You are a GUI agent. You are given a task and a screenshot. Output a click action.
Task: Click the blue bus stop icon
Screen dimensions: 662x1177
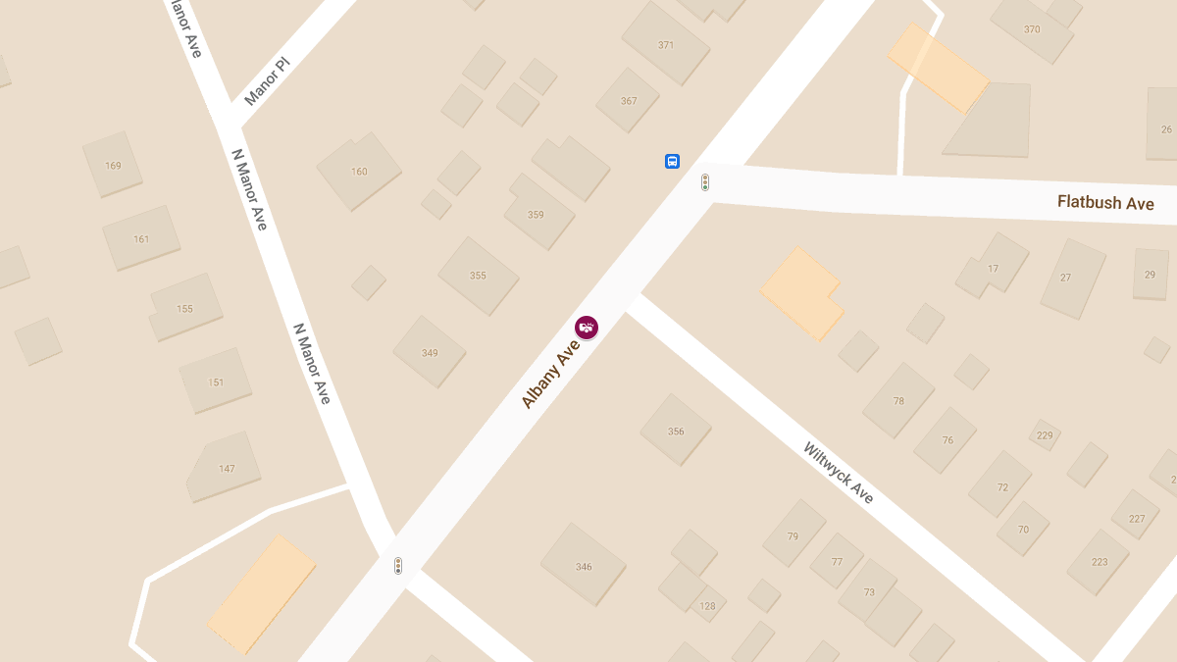(x=672, y=161)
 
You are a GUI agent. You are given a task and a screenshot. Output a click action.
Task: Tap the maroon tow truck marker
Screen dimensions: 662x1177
(x=587, y=328)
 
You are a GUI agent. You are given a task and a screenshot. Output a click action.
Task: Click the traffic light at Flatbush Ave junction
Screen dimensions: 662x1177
(x=704, y=182)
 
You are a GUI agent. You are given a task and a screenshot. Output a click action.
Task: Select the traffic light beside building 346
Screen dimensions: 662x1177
(x=398, y=566)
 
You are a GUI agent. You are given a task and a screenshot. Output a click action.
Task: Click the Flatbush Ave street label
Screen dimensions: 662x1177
(x=1105, y=203)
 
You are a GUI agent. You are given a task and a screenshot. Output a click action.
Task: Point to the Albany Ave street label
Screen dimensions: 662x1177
(x=550, y=368)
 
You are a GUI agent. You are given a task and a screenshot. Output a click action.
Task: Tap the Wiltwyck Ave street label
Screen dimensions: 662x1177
(x=838, y=473)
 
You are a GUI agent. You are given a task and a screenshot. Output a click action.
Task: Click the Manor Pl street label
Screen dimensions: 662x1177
(x=267, y=80)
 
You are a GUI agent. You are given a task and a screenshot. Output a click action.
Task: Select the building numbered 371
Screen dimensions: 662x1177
(x=666, y=44)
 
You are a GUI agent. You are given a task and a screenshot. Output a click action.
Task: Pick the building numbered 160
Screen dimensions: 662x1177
(x=359, y=172)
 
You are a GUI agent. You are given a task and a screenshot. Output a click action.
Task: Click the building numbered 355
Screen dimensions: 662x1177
(x=478, y=276)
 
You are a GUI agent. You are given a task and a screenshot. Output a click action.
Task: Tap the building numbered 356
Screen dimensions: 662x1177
(x=676, y=432)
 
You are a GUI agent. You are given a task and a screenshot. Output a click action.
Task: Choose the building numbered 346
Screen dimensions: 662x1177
(x=584, y=566)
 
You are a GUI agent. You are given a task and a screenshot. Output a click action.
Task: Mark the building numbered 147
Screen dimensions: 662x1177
(x=226, y=468)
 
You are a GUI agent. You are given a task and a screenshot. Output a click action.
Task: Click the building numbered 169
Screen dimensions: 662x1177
(x=113, y=165)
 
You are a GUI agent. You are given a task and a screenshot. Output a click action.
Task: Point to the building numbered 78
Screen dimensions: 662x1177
(x=898, y=400)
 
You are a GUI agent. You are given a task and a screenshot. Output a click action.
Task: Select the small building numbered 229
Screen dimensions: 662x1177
(x=1045, y=435)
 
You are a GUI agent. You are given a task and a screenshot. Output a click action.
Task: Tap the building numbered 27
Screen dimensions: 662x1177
(x=1072, y=278)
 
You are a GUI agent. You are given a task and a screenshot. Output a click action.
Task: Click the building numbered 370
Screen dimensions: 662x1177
(x=1032, y=29)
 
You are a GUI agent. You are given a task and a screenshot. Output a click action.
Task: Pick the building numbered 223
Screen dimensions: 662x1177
(x=1100, y=562)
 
